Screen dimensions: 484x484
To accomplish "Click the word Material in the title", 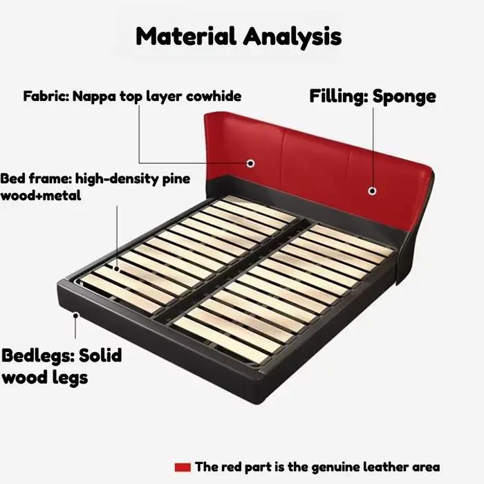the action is (186, 36).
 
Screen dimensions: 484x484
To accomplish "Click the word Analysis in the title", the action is (292, 37).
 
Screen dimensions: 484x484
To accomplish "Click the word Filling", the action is (339, 96).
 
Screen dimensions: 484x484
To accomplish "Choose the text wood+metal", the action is (41, 195).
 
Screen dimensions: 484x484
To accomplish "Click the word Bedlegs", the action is (38, 356).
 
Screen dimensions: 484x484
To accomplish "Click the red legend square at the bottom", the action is (183, 467).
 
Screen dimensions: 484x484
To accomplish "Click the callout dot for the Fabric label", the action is (250, 163).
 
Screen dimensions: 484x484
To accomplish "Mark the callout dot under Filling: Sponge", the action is (372, 191).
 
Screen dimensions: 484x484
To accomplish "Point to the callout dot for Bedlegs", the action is (75, 315).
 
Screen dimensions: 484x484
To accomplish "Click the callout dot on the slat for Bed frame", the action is (117, 269).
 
